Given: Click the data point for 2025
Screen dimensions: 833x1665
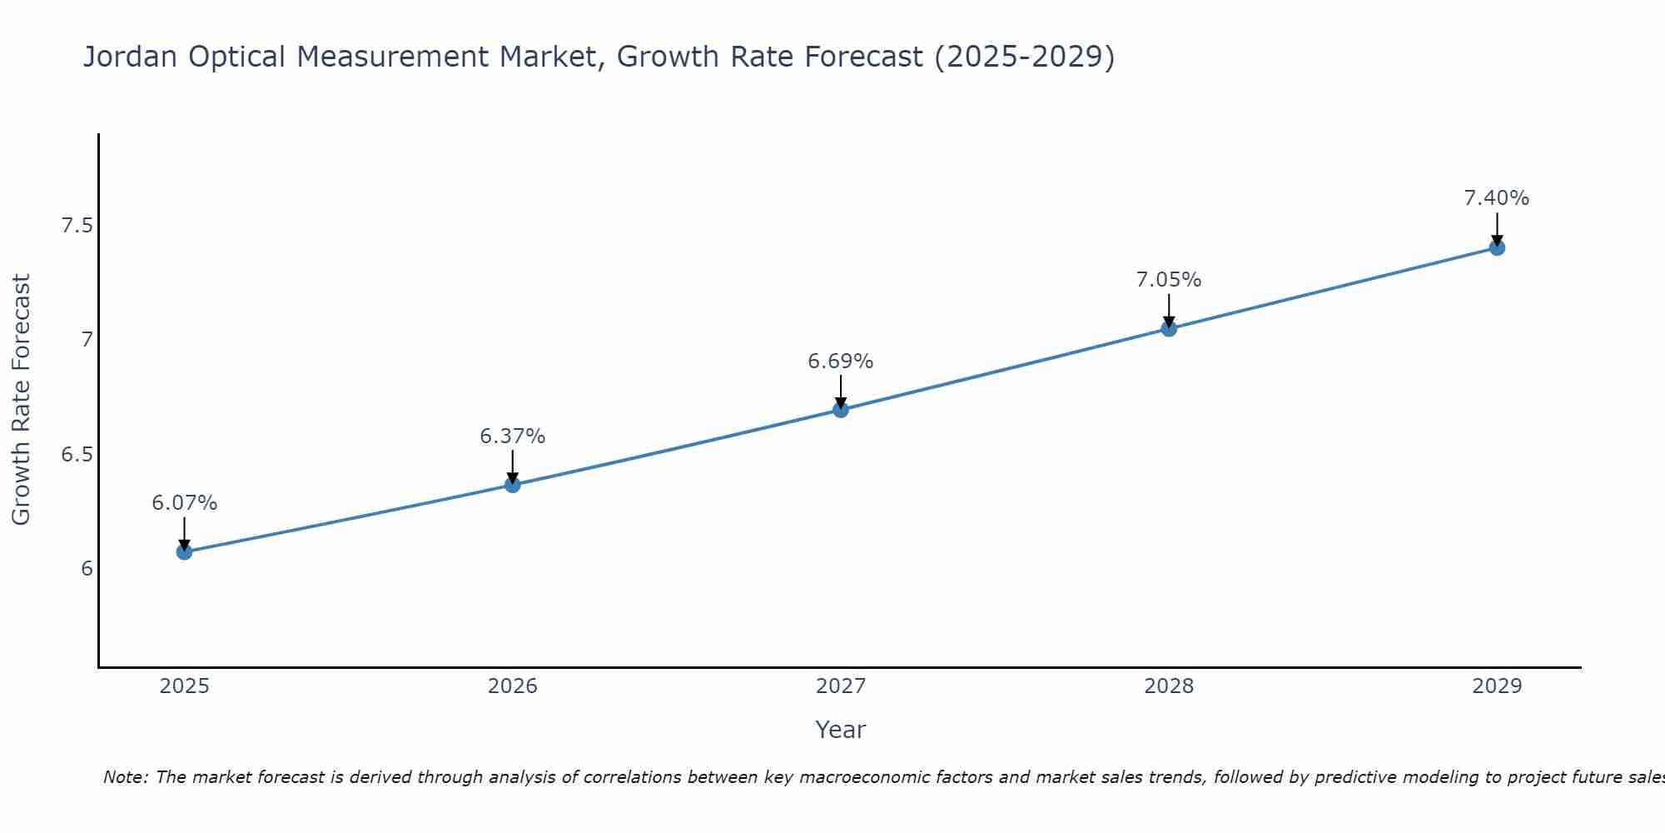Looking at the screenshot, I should (x=184, y=551).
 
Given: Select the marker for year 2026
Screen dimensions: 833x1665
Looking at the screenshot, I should (x=513, y=484).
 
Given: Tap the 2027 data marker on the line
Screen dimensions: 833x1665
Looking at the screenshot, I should (x=841, y=409).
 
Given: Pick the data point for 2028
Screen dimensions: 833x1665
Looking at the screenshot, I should (x=1169, y=328).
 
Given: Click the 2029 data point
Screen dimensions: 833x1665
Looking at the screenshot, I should (x=1497, y=247).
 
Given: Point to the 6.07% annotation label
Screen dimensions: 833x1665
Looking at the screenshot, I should (x=184, y=503).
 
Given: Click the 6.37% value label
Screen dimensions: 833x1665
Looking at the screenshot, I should (x=513, y=436).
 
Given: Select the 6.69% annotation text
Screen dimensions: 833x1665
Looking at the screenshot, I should (x=841, y=362).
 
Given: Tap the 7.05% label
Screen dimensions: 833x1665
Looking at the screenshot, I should (x=1169, y=280).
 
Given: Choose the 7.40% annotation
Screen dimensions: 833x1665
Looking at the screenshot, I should (x=1497, y=198).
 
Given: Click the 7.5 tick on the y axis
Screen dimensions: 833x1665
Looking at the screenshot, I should (x=77, y=226).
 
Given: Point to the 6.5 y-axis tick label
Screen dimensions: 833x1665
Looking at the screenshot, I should (x=77, y=455).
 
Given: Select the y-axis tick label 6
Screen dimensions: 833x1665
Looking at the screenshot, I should (x=87, y=569).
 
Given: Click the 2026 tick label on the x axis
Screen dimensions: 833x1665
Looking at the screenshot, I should (x=513, y=686).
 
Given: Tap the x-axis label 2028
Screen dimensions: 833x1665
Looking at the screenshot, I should (x=1169, y=686).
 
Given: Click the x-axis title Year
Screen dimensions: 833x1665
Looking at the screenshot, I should (x=841, y=730).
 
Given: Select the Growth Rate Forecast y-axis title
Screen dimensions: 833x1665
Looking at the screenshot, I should (x=21, y=400).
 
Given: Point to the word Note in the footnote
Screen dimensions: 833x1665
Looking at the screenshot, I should (x=125, y=777).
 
